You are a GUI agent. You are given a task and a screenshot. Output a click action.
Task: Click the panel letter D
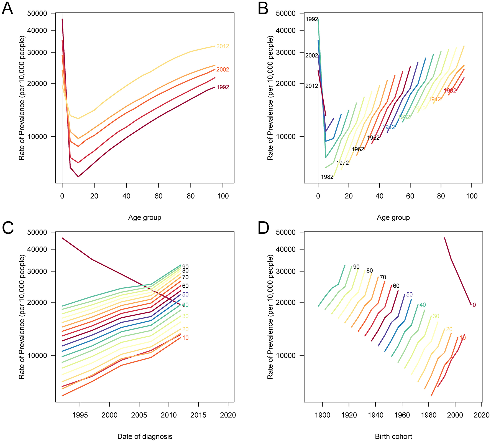click(x=263, y=228)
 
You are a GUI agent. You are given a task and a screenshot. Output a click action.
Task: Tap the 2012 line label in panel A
click(x=223, y=46)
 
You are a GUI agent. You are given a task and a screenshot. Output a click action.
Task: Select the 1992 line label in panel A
click(x=223, y=87)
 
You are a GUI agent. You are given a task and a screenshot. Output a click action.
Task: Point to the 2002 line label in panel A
click(x=223, y=70)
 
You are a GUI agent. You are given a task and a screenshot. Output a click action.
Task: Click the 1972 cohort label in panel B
click(x=342, y=163)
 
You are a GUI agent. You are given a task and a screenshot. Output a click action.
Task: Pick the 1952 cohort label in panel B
click(x=373, y=138)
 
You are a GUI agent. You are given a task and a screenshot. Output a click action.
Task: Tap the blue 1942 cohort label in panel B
click(x=389, y=127)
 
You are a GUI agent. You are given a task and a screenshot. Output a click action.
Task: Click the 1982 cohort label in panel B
click(x=327, y=177)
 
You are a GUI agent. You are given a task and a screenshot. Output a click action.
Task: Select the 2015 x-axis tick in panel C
click(x=198, y=415)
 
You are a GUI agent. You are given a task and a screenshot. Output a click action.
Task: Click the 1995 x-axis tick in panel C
click(x=80, y=415)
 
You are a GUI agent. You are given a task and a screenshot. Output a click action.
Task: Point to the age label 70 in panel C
click(x=185, y=277)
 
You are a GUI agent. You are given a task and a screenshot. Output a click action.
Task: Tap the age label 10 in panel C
click(x=185, y=338)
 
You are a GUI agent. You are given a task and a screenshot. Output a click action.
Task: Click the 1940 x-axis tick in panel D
click(x=376, y=415)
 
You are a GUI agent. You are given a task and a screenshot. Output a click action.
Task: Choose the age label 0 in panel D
click(x=474, y=305)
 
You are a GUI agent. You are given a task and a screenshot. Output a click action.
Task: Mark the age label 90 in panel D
click(x=356, y=267)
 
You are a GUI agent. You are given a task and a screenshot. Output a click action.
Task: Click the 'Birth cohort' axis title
click(x=393, y=436)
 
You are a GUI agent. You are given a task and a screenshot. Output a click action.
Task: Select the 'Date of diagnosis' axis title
click(x=145, y=436)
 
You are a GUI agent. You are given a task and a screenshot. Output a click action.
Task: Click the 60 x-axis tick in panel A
click(x=158, y=196)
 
